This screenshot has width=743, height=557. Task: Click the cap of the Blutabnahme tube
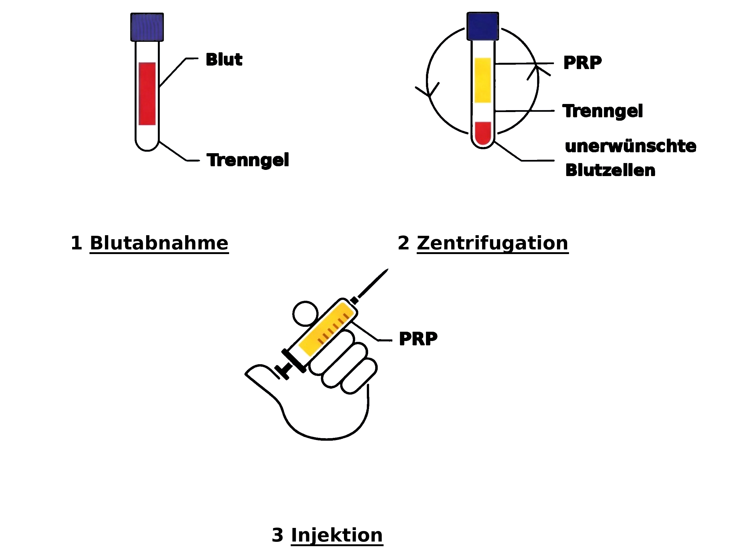pyautogui.click(x=147, y=27)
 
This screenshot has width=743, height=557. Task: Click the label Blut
pyautogui.click(x=224, y=60)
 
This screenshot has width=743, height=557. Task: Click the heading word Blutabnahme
pyautogui.click(x=159, y=243)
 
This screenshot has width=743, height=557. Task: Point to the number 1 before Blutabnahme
pyautogui.click(x=76, y=243)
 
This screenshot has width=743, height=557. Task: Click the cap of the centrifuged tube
pyautogui.click(x=482, y=26)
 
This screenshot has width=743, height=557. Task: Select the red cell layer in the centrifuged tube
pyautogui.click(x=483, y=132)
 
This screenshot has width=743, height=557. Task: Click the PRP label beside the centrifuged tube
pyautogui.click(x=582, y=63)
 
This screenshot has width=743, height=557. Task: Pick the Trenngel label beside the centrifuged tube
pyautogui.click(x=602, y=111)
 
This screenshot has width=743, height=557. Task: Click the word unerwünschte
pyautogui.click(x=630, y=146)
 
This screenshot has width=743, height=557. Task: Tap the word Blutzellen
pyautogui.click(x=610, y=170)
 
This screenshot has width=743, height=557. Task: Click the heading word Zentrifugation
pyautogui.click(x=492, y=243)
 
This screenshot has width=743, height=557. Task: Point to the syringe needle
pyautogui.click(x=373, y=283)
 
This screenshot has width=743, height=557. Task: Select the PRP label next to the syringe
pyautogui.click(x=418, y=339)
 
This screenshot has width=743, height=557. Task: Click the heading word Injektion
pyautogui.click(x=337, y=535)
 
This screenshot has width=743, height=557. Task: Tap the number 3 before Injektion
pyautogui.click(x=277, y=535)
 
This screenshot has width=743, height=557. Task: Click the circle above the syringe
pyautogui.click(x=305, y=313)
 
